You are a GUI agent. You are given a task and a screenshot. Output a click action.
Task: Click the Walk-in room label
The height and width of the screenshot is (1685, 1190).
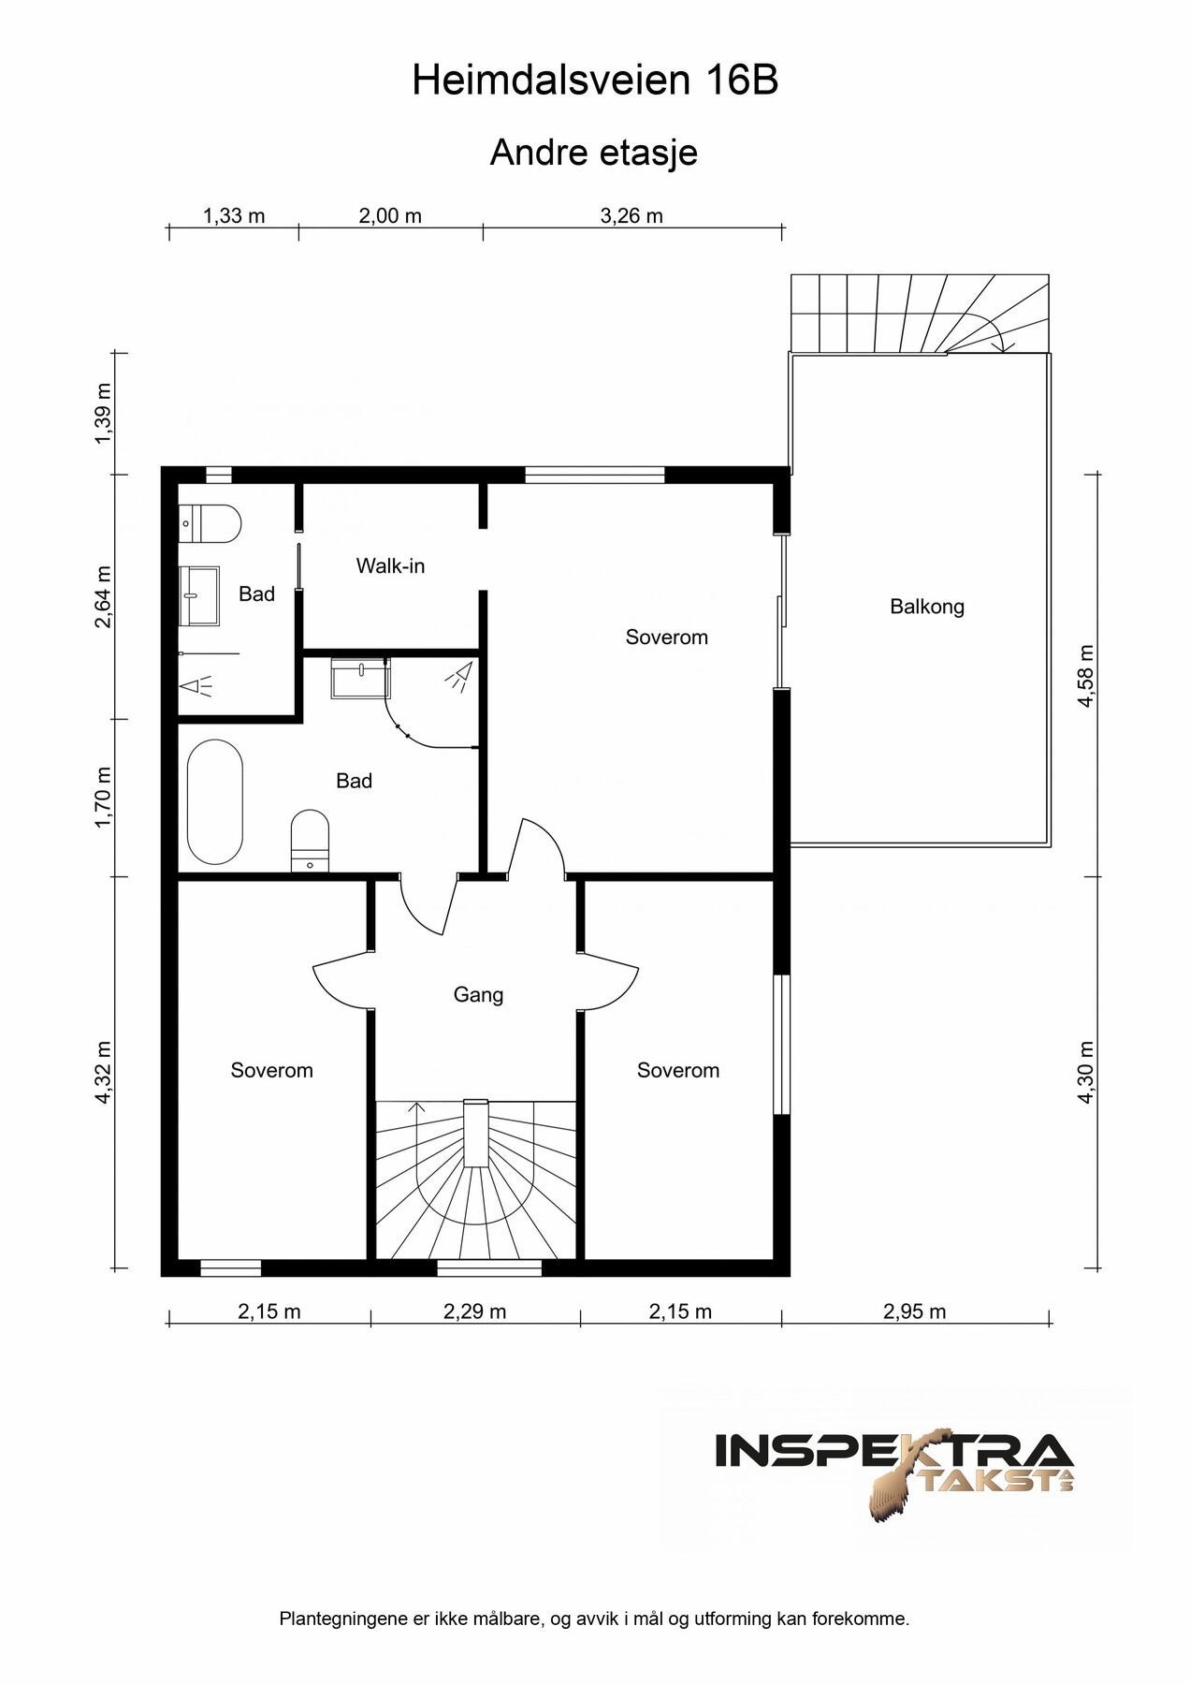(390, 565)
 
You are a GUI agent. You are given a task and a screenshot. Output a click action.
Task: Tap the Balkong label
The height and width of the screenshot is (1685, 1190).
(927, 607)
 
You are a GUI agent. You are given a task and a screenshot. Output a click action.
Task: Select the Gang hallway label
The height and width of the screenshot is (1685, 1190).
(478, 995)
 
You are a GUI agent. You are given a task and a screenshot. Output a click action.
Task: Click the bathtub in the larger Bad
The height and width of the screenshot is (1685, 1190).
(214, 802)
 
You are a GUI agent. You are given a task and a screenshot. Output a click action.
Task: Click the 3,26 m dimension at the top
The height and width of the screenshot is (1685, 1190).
(631, 216)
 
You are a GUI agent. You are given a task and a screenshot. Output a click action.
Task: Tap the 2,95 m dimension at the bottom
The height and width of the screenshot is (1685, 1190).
(914, 1311)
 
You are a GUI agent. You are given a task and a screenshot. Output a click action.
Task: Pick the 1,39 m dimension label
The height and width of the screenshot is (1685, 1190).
(103, 414)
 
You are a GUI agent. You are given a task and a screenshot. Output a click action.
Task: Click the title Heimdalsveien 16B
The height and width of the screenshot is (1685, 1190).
(595, 81)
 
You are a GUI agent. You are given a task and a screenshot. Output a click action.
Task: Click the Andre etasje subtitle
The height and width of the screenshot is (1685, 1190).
(594, 153)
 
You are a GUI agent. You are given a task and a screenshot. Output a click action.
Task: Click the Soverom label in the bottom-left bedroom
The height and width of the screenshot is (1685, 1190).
(271, 1070)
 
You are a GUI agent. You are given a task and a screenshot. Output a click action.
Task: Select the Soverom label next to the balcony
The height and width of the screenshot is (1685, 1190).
(666, 637)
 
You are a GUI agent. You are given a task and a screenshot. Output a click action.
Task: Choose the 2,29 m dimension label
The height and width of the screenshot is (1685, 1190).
(474, 1311)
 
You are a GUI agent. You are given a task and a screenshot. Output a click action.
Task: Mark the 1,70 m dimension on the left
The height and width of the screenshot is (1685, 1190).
(103, 798)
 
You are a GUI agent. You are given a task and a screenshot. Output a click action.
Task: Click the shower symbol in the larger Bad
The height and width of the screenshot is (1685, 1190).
(458, 677)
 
